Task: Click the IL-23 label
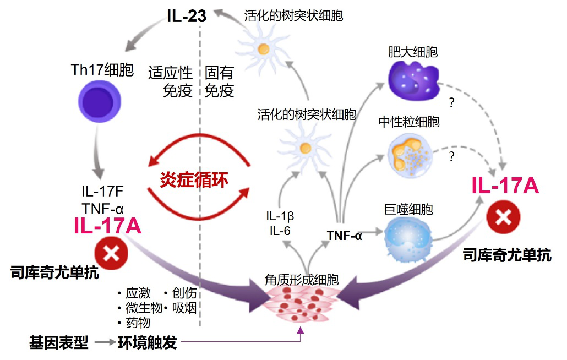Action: tap(187, 16)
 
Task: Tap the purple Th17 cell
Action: tap(100, 101)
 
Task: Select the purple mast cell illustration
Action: tap(413, 80)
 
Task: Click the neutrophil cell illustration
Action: tap(410, 156)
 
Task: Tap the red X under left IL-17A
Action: tap(111, 253)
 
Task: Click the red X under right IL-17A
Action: tap(503, 217)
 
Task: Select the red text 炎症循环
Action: tap(194, 179)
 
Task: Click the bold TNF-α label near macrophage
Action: tap(344, 236)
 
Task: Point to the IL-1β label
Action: tap(280, 216)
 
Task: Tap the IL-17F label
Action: tap(103, 191)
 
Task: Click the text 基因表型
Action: tap(59, 342)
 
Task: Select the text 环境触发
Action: tap(148, 342)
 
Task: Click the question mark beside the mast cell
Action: tap(451, 102)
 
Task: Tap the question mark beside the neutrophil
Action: tap(451, 156)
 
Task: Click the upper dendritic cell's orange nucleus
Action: tap(264, 48)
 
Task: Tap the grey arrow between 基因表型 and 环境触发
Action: tap(105, 342)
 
